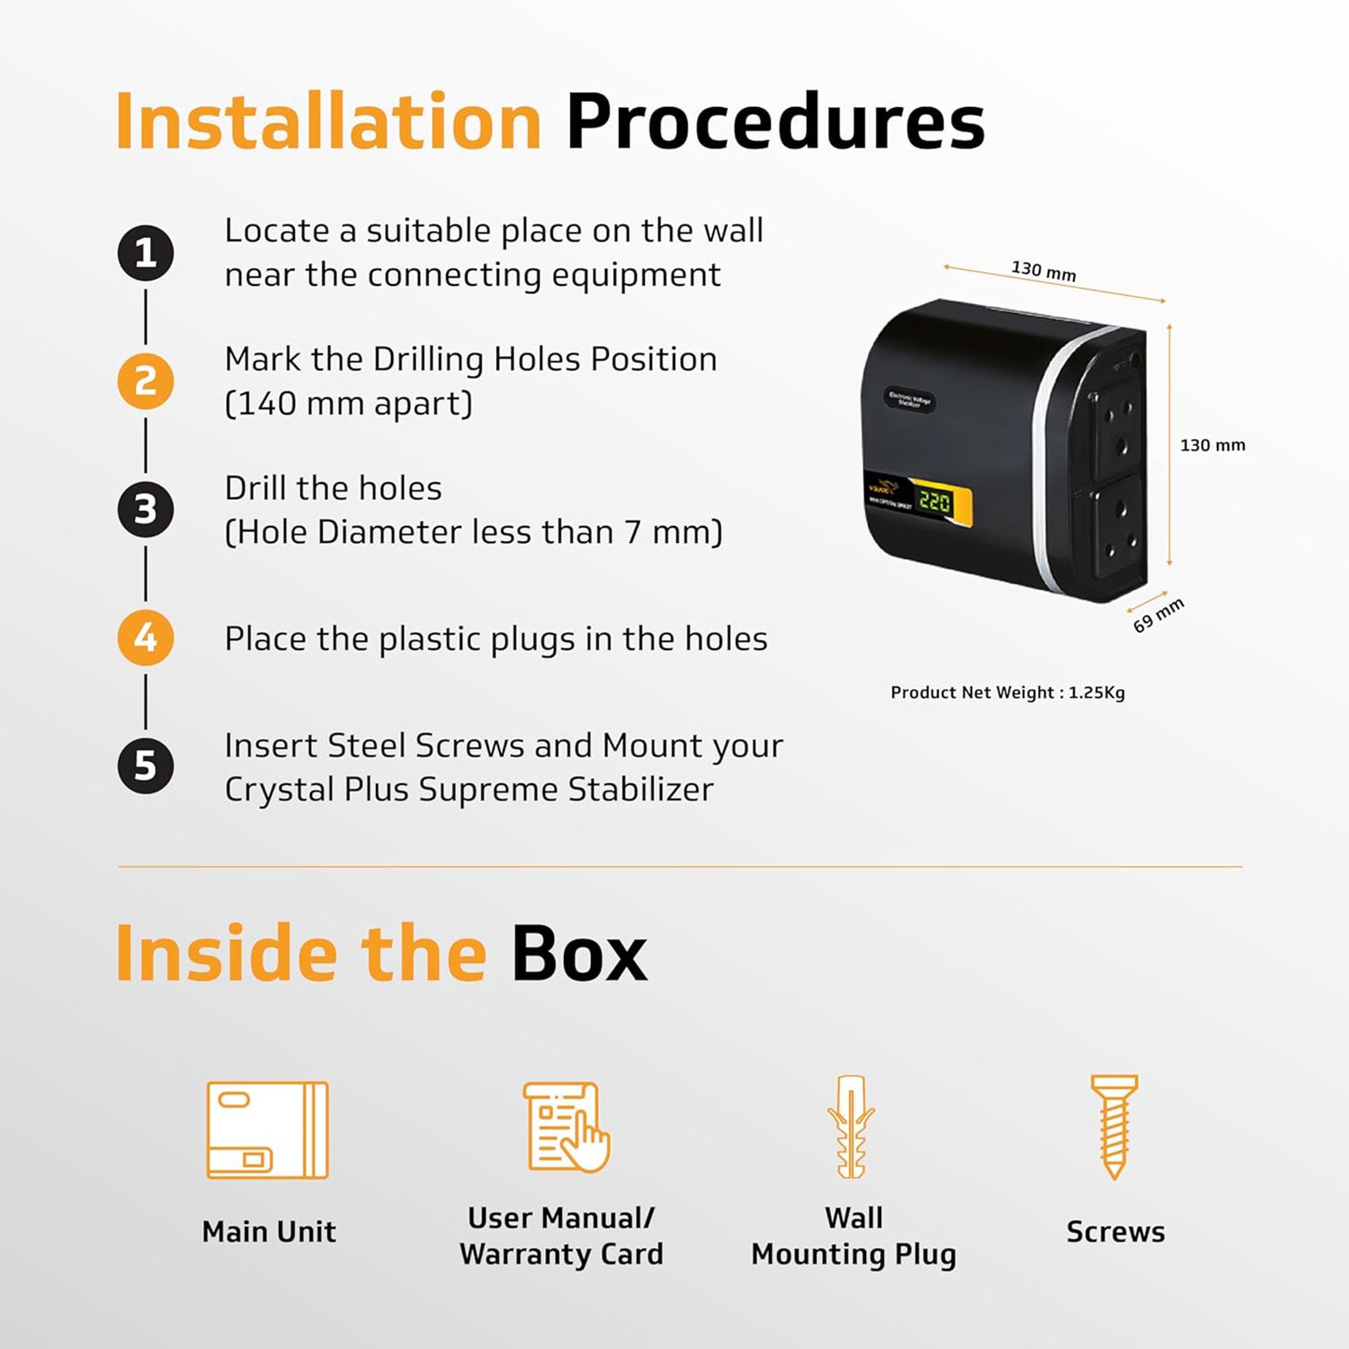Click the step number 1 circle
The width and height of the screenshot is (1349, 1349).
(146, 253)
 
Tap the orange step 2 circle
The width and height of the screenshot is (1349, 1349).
(146, 381)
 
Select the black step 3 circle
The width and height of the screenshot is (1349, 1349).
(146, 509)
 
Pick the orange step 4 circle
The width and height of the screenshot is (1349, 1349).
(146, 637)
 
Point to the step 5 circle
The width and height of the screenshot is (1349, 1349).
(146, 766)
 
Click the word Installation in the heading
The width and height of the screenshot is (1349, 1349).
(328, 122)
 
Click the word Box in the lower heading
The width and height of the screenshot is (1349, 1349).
(579, 954)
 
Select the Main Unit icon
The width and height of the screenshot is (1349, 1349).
(267, 1130)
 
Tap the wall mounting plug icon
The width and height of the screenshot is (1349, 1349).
(851, 1126)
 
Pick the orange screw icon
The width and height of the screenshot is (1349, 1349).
(1114, 1126)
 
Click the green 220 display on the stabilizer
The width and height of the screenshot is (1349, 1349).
(934, 503)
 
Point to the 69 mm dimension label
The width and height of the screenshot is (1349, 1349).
(1158, 615)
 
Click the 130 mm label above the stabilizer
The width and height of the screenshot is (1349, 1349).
(1044, 271)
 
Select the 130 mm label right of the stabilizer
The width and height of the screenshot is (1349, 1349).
(1212, 445)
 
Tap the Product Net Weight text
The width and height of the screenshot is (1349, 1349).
(1008, 693)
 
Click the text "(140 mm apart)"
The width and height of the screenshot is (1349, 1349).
(348, 404)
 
